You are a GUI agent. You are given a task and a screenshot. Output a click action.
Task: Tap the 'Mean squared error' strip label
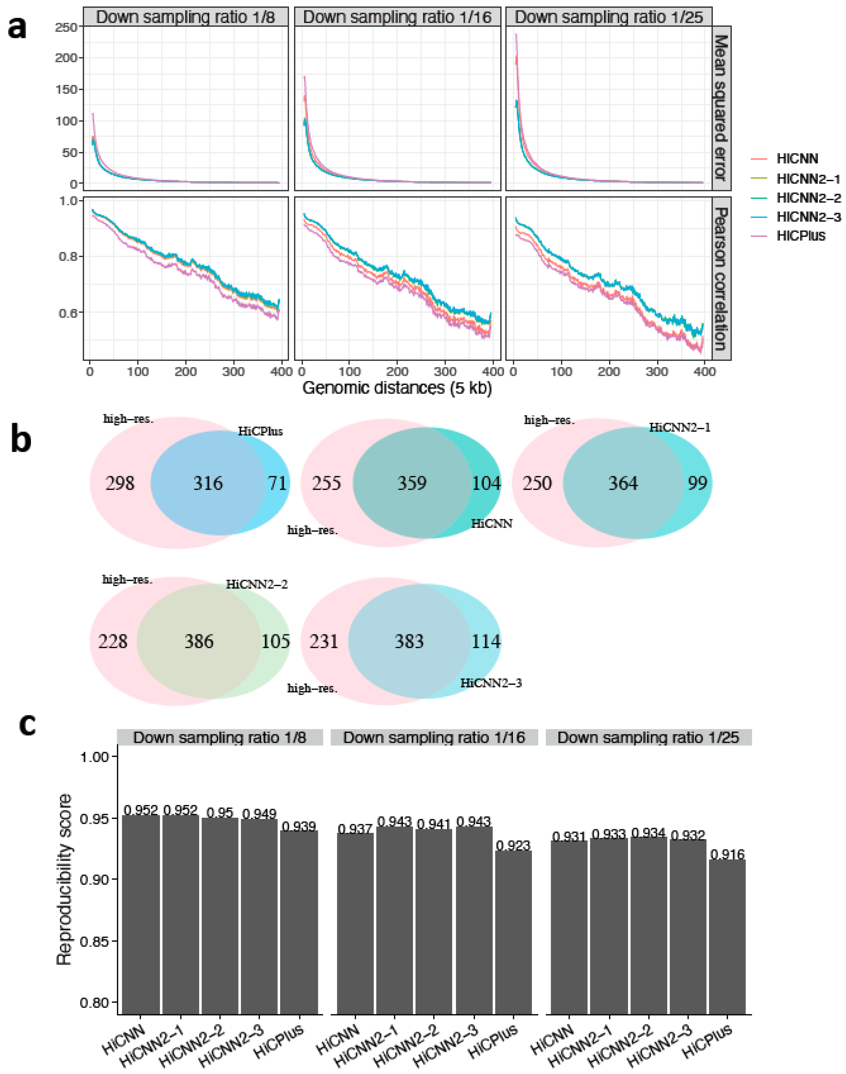point(721,108)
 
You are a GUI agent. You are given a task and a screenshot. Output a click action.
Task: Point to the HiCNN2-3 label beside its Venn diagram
point(491,683)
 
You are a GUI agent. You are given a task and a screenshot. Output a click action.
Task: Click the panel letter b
point(21,440)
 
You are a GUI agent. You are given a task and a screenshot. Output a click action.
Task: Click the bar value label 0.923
point(513,845)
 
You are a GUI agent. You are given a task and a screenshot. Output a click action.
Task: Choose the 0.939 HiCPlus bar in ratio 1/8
point(299,921)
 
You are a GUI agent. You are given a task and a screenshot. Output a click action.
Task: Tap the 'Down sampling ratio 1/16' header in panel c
point(434,737)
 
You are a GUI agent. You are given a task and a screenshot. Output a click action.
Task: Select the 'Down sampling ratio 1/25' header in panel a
point(609,17)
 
